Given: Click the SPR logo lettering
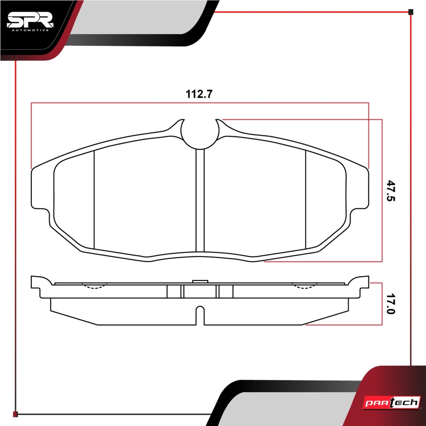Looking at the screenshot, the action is tap(30, 20).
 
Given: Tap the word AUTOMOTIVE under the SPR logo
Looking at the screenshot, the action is tap(30, 30).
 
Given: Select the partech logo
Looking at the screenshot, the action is tap(392, 403).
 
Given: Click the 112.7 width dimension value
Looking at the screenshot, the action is tap(199, 94).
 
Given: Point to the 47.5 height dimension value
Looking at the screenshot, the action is tap(391, 191).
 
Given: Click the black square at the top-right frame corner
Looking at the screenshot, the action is tap(411, 12).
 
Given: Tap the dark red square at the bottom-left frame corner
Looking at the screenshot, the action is tap(15, 414).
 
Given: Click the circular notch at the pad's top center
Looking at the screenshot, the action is tap(200, 134).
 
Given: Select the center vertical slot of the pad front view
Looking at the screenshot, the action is tap(200, 201).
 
